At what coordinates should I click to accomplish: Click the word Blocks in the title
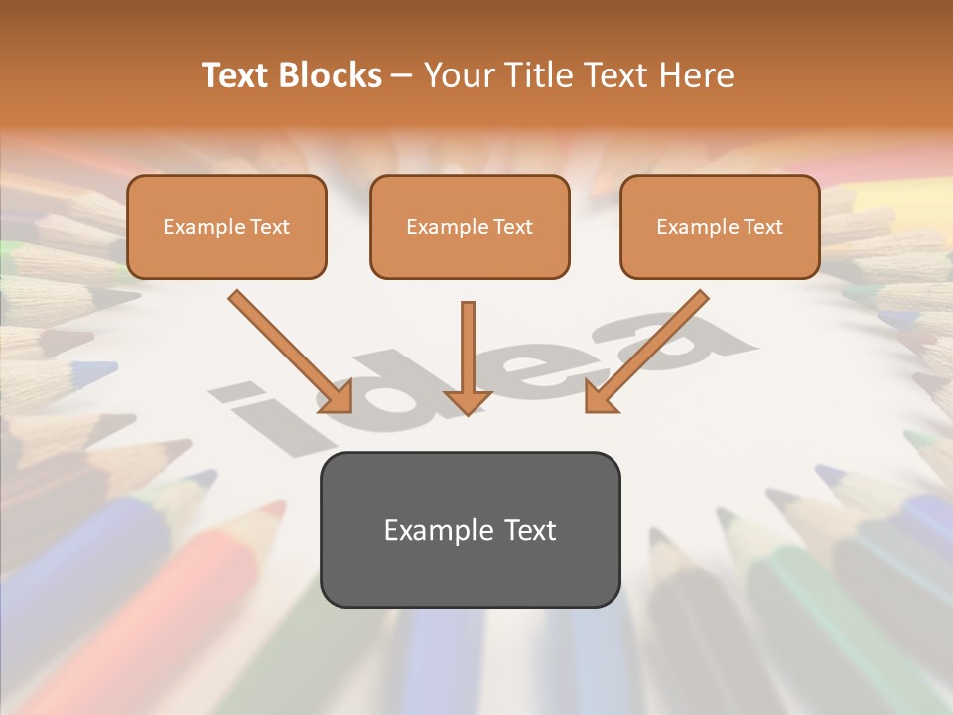[x=331, y=75]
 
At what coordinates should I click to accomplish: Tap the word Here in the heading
[x=700, y=75]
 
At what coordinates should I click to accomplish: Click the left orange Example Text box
[x=226, y=226]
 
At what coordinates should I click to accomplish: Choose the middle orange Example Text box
[x=470, y=226]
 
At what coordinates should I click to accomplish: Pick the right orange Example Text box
[x=720, y=226]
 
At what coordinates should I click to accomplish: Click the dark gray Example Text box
[x=470, y=529]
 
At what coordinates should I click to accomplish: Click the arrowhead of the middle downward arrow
[x=468, y=401]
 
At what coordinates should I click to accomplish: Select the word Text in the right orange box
[x=762, y=227]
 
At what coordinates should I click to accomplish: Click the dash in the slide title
[x=402, y=75]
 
